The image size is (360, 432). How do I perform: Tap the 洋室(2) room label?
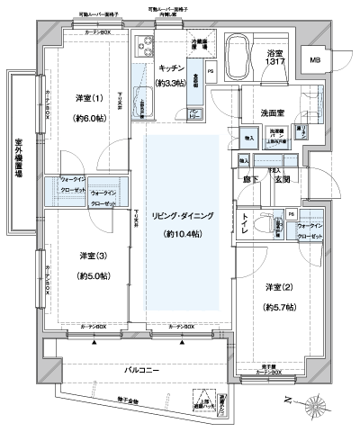tap(276, 287)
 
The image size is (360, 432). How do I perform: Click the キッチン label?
tap(172, 67)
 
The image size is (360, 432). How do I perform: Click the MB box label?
tap(314, 60)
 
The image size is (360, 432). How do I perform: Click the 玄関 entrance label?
tap(281, 180)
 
